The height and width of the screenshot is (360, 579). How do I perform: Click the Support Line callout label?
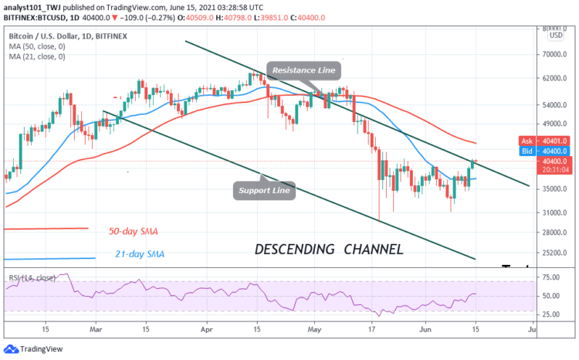pyautogui.click(x=264, y=190)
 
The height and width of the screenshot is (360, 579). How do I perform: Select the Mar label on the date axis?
pyautogui.click(x=96, y=328)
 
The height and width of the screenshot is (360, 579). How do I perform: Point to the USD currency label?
pyautogui.click(x=554, y=36)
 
